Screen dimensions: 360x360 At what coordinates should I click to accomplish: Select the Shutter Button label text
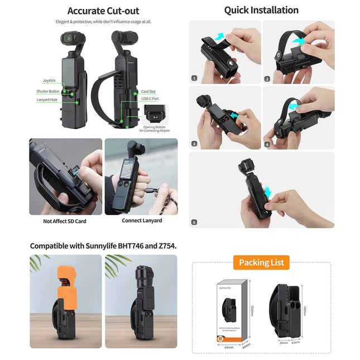(47, 91)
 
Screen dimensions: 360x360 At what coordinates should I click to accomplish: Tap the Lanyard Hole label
(47, 100)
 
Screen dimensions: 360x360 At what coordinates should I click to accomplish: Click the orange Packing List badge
(261, 262)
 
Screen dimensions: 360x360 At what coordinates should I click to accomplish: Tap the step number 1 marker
(194, 79)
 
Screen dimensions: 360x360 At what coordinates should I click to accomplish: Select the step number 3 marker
(194, 144)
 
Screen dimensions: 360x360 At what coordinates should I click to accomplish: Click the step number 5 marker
(194, 222)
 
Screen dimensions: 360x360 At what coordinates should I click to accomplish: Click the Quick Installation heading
(261, 10)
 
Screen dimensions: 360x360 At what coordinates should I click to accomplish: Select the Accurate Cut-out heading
(103, 11)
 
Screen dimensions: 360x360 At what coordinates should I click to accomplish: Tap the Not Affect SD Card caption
(65, 221)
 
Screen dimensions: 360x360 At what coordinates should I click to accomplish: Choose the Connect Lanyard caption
(142, 220)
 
